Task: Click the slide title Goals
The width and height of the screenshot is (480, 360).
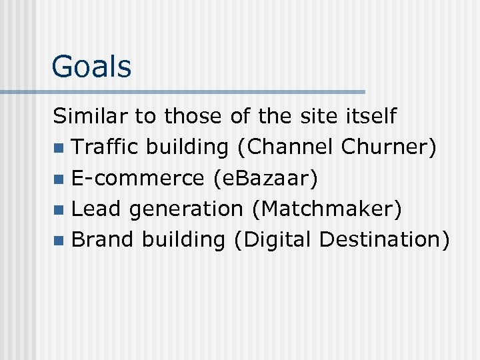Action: tap(91, 67)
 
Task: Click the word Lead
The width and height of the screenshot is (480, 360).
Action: tap(96, 209)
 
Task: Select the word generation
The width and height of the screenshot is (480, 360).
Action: tap(186, 210)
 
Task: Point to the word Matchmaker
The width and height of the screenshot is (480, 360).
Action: tap(327, 209)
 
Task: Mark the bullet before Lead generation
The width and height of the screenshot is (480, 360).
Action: tap(59, 210)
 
